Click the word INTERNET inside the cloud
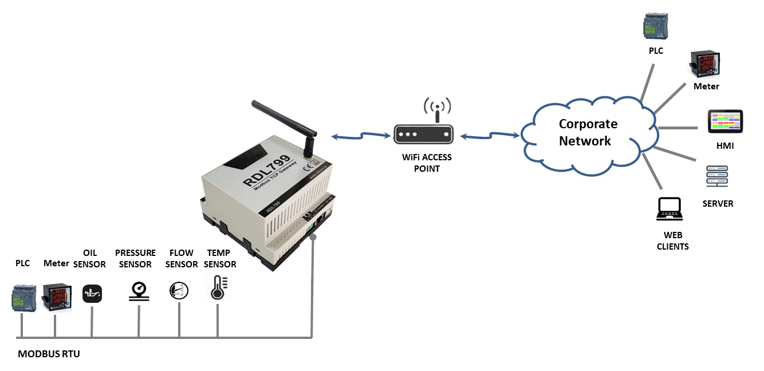[591, 131]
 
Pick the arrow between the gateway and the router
[361, 136]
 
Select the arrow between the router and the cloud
[490, 136]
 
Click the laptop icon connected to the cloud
[670, 208]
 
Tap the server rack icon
[716, 175]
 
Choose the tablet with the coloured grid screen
[725, 121]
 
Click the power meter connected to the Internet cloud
[703, 65]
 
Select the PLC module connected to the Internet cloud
[653, 26]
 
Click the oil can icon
[92, 294]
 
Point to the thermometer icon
[219, 287]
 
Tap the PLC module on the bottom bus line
[21, 298]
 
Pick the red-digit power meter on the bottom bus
[55, 298]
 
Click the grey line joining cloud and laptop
[653, 171]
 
